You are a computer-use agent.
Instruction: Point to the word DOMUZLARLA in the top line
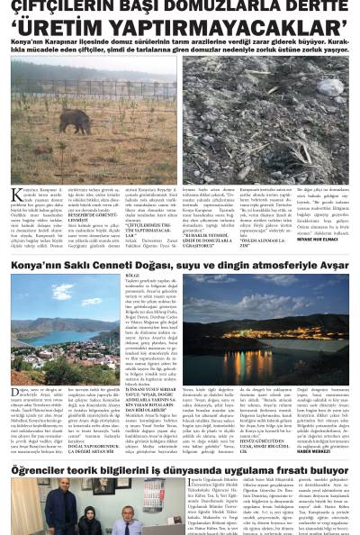coord(212,6)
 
